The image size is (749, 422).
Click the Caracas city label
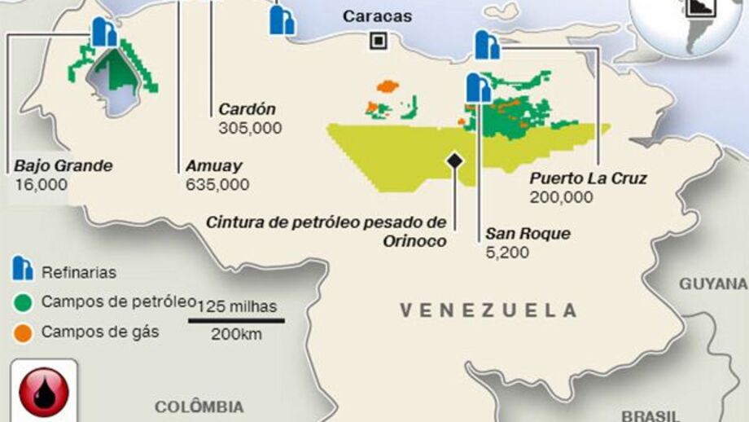click(x=377, y=16)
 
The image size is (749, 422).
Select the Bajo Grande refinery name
click(x=63, y=166)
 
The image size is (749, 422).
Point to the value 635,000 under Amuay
click(x=217, y=185)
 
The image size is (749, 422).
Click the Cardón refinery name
click(x=247, y=109)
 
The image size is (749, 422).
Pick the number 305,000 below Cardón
click(x=250, y=128)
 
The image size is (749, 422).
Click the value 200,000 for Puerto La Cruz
click(x=561, y=197)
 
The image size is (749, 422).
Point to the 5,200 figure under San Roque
click(x=507, y=253)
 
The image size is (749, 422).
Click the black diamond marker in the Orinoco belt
click(x=454, y=160)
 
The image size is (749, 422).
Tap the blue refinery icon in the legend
click(x=23, y=271)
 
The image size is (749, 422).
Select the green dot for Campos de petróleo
click(x=23, y=302)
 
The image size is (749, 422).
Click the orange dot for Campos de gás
click(x=23, y=332)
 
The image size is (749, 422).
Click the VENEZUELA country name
click(x=488, y=310)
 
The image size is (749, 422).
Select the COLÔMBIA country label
click(x=199, y=407)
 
